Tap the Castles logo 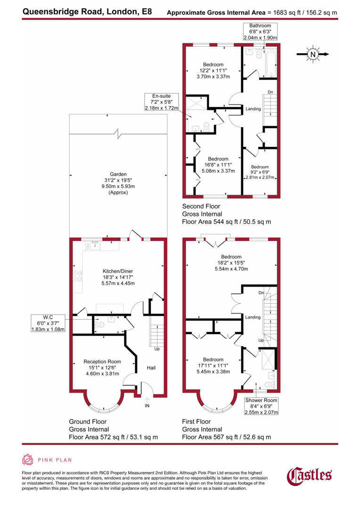pyautogui.click(x=309, y=475)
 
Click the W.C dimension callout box pyautogui.click(x=48, y=323)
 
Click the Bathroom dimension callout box pyautogui.click(x=261, y=31)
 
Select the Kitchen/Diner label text pyautogui.click(x=119, y=271)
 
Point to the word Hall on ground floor pyautogui.click(x=151, y=368)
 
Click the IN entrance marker pyautogui.click(x=147, y=405)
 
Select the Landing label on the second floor pyautogui.click(x=253, y=109)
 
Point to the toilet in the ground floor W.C pyautogui.click(x=98, y=324)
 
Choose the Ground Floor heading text pyautogui.click(x=88, y=421)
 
